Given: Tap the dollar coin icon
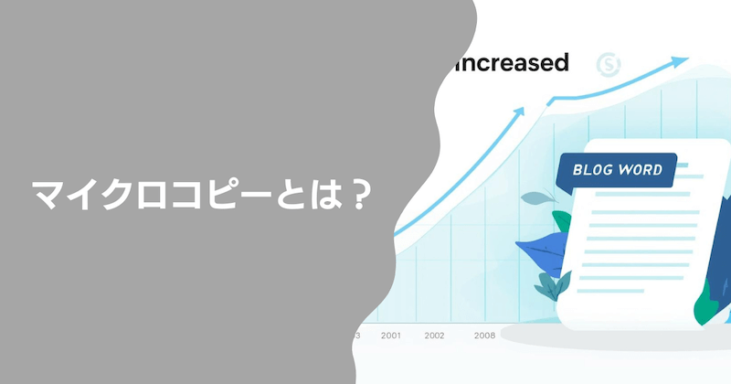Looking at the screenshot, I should point(608,64).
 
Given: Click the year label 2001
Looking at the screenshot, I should point(390,336).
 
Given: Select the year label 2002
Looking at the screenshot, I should point(434,336).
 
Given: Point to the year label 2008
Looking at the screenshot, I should point(484,336).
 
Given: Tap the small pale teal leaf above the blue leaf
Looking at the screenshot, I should point(536,198).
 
